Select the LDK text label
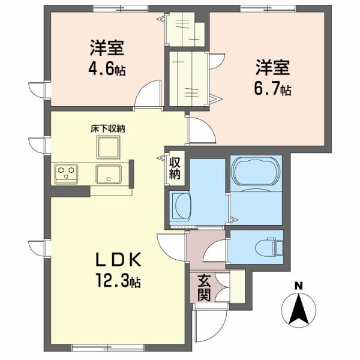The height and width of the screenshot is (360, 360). [x=118, y=260]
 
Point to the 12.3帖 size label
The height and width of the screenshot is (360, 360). [x=118, y=281]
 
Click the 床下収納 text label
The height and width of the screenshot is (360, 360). [x=107, y=129]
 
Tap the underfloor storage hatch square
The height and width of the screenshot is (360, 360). [x=109, y=147]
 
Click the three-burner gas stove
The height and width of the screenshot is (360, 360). [x=66, y=174]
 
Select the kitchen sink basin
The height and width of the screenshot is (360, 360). [x=109, y=174]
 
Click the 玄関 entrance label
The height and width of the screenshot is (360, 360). [x=204, y=287]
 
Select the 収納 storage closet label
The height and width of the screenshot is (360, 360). [x=175, y=168]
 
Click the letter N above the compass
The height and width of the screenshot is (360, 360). [x=298, y=286]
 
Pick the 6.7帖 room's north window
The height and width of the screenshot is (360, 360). [x=268, y=8]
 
